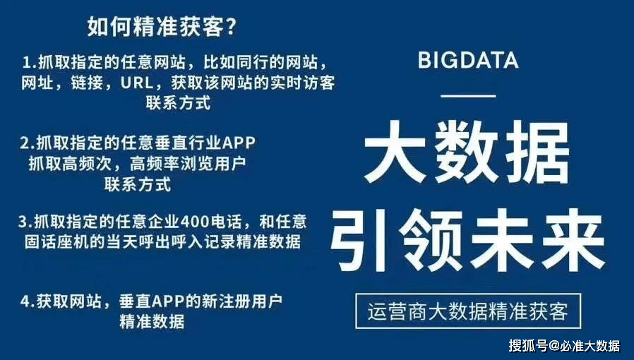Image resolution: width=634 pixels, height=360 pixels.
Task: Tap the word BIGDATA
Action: click(x=468, y=60)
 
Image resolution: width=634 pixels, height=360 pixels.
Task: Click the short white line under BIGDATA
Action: click(x=467, y=94)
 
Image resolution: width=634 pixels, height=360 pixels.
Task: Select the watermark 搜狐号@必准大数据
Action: click(x=564, y=346)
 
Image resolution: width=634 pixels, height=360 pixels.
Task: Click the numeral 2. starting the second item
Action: click(x=28, y=143)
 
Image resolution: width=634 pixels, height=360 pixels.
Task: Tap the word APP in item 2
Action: click(x=239, y=143)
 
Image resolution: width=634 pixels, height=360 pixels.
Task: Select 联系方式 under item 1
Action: click(x=178, y=103)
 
